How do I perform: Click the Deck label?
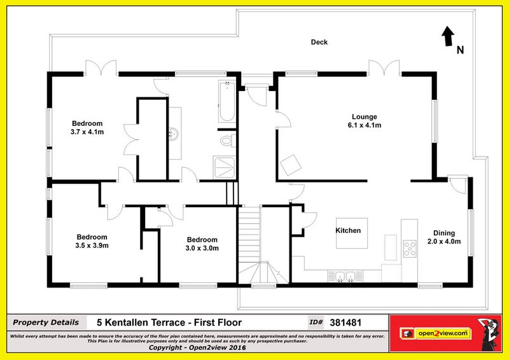319,43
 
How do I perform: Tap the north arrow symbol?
448,36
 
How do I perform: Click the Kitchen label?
349,230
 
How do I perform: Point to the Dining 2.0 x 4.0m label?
444,237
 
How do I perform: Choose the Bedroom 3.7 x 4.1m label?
87,127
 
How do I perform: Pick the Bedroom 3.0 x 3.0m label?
202,244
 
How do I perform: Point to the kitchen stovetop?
409,249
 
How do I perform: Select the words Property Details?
46,322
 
